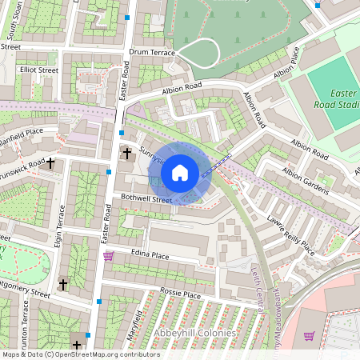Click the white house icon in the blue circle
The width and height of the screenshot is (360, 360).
coord(180,172)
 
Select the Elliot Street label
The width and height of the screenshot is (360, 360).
coord(39,70)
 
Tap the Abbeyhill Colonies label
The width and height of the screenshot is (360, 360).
coord(196,333)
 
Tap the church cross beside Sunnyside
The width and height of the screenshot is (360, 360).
coord(126,153)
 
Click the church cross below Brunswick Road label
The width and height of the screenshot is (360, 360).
coord(51,163)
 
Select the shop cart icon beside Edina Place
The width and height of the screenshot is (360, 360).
coord(108,256)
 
